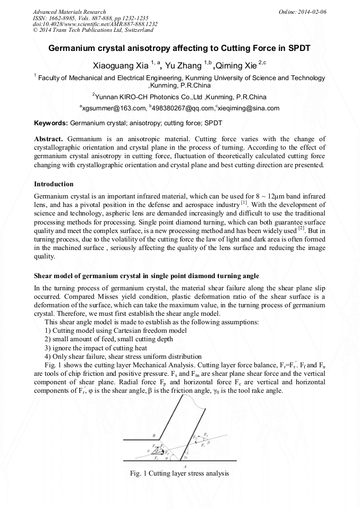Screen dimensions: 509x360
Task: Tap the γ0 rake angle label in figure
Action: pyautogui.click(x=185, y=456)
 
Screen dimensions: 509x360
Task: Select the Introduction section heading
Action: pyautogui.click(x=54, y=184)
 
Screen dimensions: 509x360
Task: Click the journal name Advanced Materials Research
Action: pyautogui.click(x=69, y=12)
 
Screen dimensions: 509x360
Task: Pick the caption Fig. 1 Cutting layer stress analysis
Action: pyautogui.click(x=179, y=473)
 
